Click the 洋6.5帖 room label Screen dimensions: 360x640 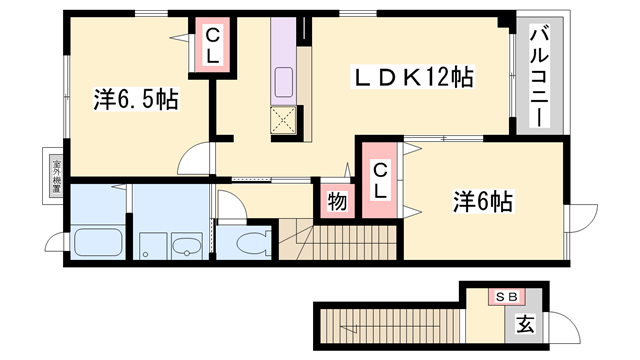click(137, 100)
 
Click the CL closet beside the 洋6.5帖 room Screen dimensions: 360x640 click(212, 42)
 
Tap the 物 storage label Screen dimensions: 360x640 click(337, 201)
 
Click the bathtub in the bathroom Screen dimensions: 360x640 click(97, 242)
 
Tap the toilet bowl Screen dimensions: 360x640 click(250, 242)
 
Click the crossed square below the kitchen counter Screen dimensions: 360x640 click(284, 123)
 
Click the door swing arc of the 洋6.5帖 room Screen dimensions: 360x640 click(198, 161)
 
